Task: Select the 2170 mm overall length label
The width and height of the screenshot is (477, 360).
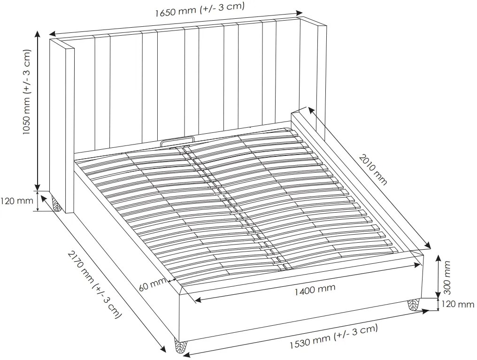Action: [x=95, y=284]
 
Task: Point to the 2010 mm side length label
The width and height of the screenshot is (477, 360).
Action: [x=373, y=169]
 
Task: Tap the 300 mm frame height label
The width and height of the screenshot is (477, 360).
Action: [x=447, y=277]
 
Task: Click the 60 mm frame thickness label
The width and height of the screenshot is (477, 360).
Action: [x=152, y=284]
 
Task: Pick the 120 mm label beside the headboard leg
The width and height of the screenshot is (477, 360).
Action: [x=17, y=201]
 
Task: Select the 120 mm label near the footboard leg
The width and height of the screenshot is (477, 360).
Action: [x=458, y=304]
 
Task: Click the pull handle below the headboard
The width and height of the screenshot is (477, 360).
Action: [x=177, y=141]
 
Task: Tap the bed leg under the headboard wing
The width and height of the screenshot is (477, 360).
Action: [x=57, y=203]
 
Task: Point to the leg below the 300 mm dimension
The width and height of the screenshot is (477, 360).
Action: [x=413, y=304]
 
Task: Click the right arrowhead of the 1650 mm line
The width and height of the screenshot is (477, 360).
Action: [x=300, y=13]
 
